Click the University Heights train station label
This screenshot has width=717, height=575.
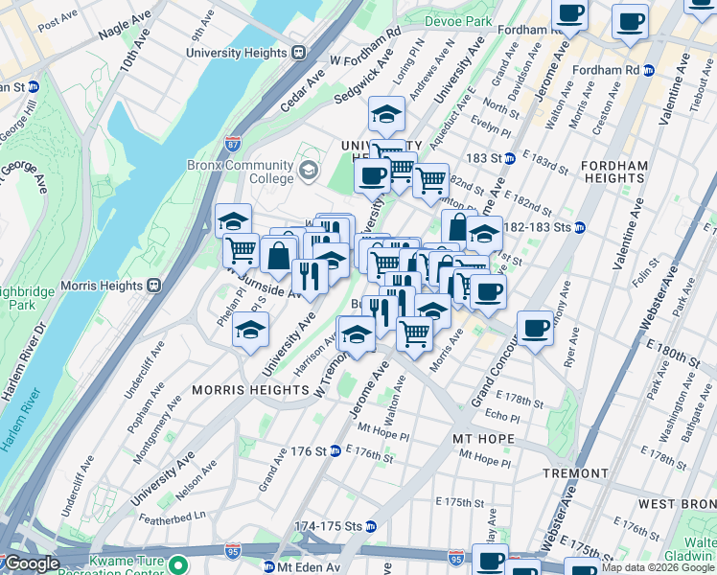click(x=240, y=51)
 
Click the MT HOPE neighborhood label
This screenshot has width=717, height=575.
click(x=484, y=439)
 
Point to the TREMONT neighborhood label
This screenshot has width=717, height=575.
click(x=575, y=473)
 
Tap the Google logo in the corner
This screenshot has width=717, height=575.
click(x=32, y=564)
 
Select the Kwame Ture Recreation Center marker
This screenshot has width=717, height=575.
click(x=178, y=564)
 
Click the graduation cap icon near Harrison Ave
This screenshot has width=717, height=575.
click(x=356, y=334)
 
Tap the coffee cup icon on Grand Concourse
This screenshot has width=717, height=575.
click(x=535, y=328)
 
